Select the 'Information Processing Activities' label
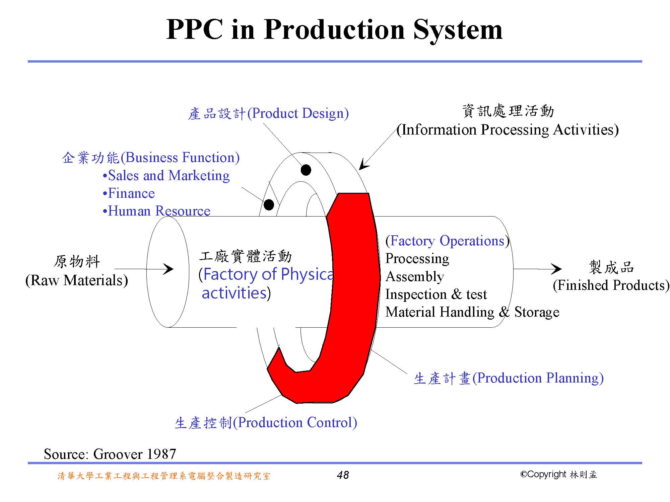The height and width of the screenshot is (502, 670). coord(508,130)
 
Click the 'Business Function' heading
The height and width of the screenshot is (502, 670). coord(151,158)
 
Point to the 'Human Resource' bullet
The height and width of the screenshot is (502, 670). coord(157,211)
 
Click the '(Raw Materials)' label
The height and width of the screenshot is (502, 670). coord(77,280)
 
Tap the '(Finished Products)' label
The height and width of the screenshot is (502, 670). coord(611,285)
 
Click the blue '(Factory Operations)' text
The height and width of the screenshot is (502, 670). coord(448,241)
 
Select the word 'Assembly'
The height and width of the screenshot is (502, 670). coord(415,276)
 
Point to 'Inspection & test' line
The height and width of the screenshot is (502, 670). coord(436,295)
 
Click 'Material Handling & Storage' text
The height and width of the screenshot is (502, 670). coord(472,312)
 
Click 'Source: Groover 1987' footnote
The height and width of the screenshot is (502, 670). coord(110,454)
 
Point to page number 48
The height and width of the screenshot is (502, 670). coord(343,475)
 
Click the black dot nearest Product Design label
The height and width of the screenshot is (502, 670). coord(306,170)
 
